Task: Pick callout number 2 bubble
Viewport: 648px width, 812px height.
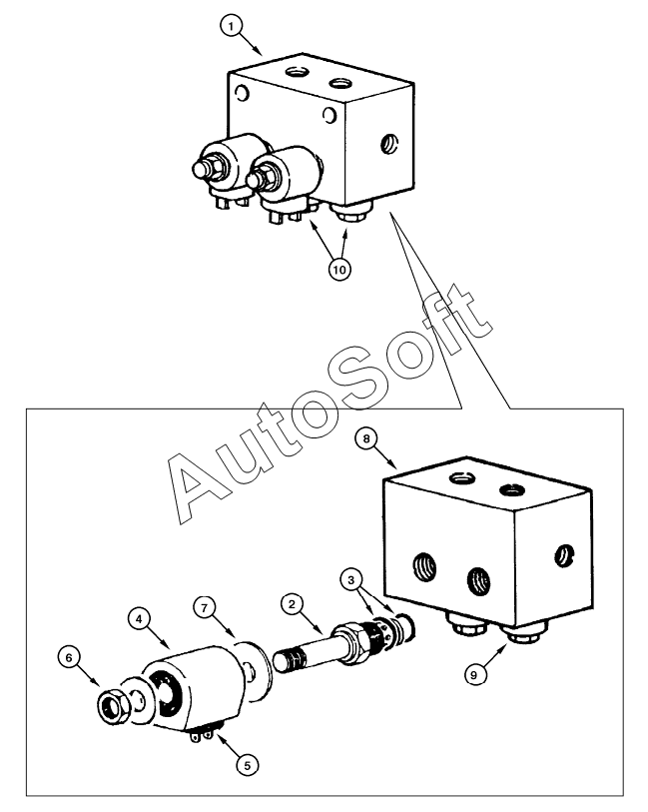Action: click(x=291, y=605)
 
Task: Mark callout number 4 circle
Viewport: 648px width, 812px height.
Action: click(x=139, y=618)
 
